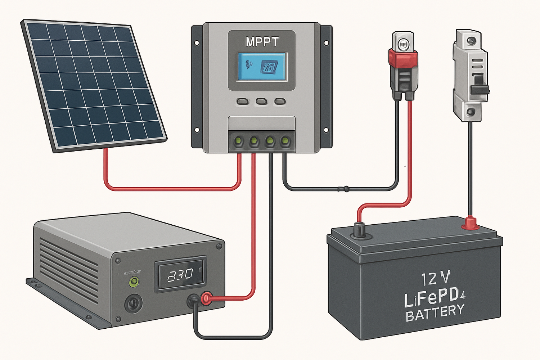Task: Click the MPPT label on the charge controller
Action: (262, 42)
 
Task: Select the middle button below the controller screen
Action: (262, 102)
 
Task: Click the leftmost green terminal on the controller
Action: (238, 140)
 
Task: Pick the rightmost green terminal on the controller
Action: (285, 140)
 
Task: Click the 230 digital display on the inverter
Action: (180, 275)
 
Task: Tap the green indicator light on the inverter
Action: (134, 282)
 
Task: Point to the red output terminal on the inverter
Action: (206, 298)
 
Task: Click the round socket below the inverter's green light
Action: (133, 303)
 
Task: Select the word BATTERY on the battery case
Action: (435, 312)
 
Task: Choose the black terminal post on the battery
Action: (359, 230)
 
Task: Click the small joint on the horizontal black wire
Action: (346, 188)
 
